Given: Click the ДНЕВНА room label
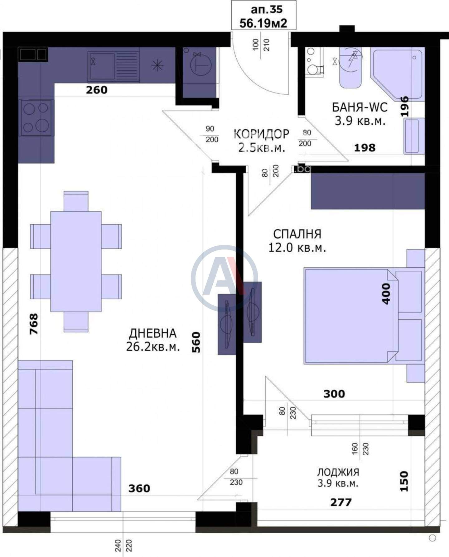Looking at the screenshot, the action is (153, 333).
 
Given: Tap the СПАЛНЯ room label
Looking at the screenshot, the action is (297, 234).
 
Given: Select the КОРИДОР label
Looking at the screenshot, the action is (261, 134).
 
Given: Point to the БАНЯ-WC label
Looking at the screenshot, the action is (360, 107).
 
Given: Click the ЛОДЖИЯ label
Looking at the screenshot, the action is (338, 472).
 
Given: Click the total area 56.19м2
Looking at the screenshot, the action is (263, 23).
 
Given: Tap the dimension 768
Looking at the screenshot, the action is (34, 324).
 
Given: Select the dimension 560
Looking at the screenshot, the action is (196, 342).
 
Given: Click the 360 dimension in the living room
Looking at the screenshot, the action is (139, 488).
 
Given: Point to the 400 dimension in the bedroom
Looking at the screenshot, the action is (386, 294).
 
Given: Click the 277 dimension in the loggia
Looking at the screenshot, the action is (341, 502).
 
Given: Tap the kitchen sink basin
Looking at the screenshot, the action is (102, 66).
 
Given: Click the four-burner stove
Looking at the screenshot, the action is (36, 118).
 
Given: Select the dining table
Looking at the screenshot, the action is (76, 261).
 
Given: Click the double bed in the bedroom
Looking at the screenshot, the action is (351, 316).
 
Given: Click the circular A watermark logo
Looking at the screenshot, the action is (224, 278).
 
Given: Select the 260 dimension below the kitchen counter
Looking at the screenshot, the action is (97, 90).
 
